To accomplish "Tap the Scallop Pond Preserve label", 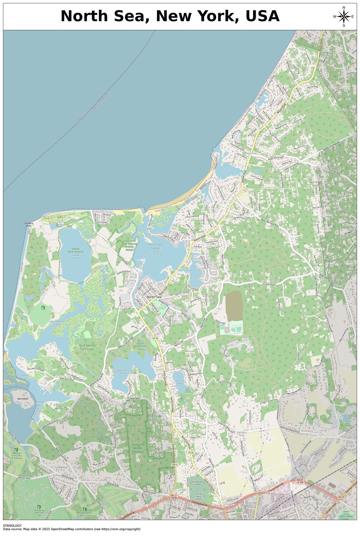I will (x=76, y=250).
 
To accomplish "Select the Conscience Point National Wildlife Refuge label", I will (x=130, y=245).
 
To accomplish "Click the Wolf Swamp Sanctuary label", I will (x=87, y=347).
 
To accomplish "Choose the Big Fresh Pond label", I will (x=122, y=371).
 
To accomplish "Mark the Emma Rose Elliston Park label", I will (x=140, y=346).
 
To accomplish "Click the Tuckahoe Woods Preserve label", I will (x=138, y=448).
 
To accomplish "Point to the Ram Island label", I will (x=23, y=399).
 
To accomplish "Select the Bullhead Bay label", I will (x=39, y=404).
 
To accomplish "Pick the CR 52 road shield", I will (x=175, y=464).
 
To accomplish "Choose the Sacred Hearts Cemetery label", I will (x=199, y=496).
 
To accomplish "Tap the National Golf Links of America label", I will (x=16, y=455).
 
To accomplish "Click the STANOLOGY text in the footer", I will (x=12, y=526).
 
